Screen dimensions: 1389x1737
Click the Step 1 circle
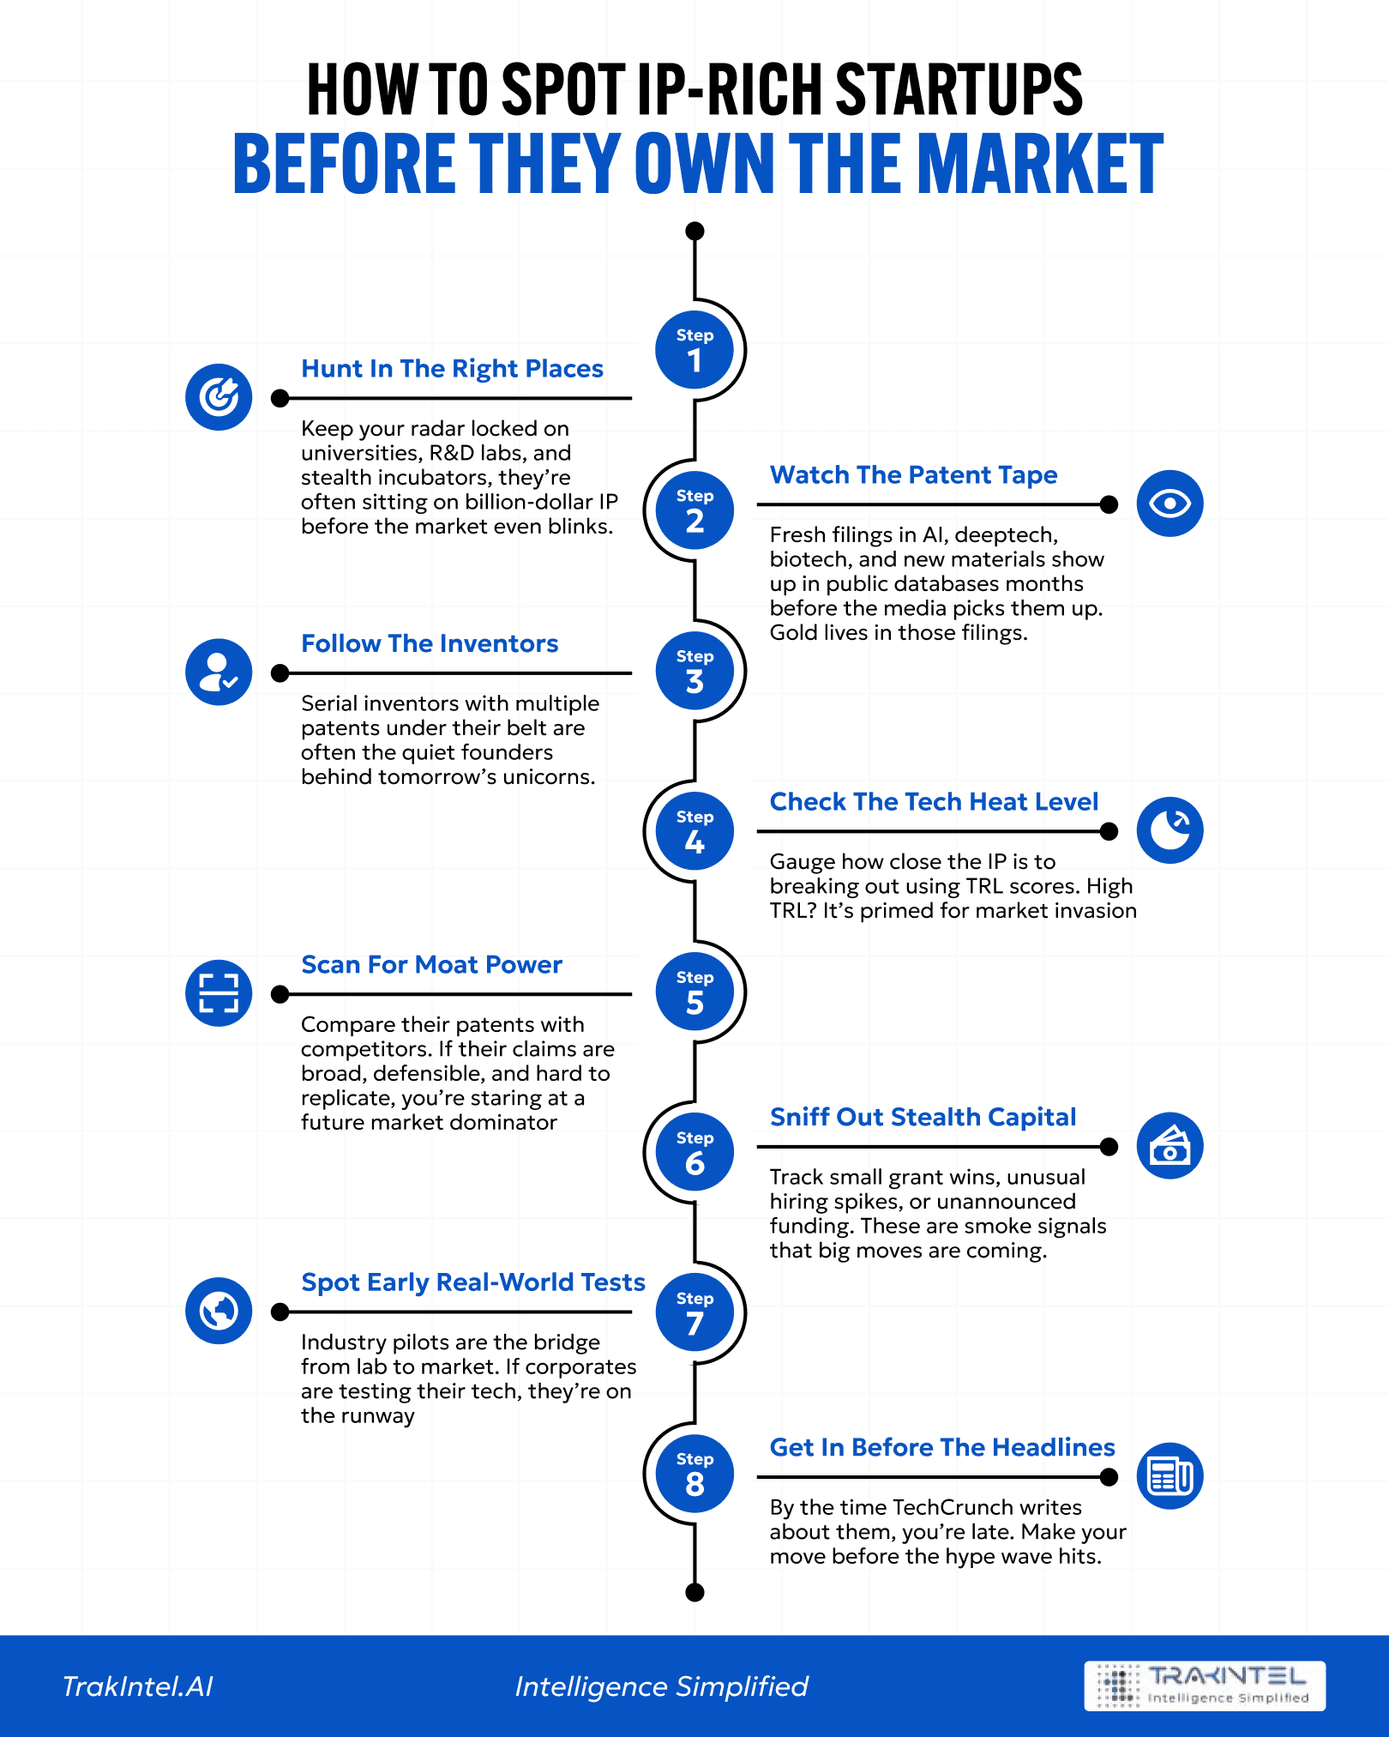coord(694,350)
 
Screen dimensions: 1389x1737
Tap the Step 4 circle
coord(694,831)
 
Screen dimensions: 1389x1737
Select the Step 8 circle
coord(694,1473)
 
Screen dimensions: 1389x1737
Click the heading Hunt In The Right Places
coord(452,369)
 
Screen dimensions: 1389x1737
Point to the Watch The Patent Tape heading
coord(913,475)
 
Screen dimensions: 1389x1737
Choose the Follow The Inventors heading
coord(430,644)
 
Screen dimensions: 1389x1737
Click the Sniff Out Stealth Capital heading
coord(923,1117)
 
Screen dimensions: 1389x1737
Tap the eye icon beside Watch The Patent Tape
coord(1170,504)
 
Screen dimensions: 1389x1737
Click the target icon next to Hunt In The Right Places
coord(219,397)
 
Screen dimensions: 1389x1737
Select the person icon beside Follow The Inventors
coord(219,672)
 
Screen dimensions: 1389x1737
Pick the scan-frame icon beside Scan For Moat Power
coord(219,992)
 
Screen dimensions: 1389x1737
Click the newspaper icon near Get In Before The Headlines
coord(1170,1476)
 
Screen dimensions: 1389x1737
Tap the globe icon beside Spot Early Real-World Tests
coord(219,1311)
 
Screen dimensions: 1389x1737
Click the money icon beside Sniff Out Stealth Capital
coord(1170,1146)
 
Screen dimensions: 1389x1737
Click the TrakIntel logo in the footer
coord(1205,1686)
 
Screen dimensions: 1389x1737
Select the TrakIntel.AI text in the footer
coord(137,1686)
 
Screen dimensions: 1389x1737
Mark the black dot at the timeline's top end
coord(695,231)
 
